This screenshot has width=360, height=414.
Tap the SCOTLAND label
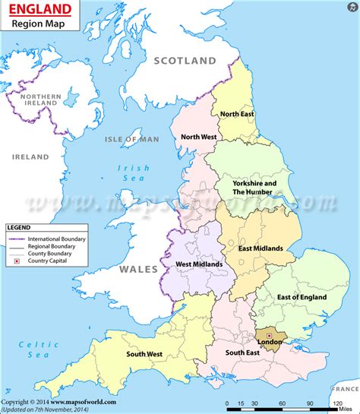point(185,60)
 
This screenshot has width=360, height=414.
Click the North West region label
point(199,137)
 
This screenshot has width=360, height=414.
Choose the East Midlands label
point(261,248)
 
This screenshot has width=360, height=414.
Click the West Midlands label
point(199,264)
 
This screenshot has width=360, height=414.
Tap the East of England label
point(301,296)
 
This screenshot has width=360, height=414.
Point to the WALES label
point(138,270)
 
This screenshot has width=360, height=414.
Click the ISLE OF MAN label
point(133,139)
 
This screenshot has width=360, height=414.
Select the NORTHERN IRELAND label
point(39,101)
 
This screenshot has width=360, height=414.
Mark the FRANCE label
point(343,389)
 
